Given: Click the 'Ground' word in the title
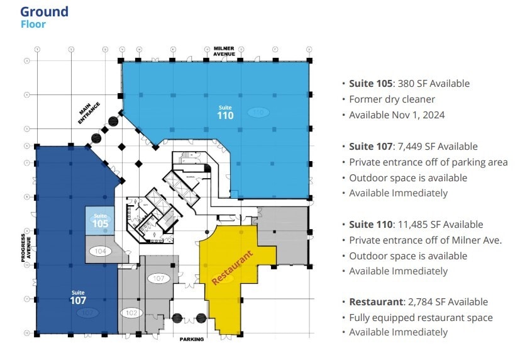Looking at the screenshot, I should [44, 11].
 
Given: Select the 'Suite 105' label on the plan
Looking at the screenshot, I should [100, 221].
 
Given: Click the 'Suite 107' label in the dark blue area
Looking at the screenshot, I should [78, 297].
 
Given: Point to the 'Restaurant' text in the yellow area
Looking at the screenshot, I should [232, 267].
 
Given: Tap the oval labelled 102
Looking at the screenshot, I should [131, 313].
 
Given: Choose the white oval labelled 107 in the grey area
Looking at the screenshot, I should [159, 278].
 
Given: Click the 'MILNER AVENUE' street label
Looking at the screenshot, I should [224, 51].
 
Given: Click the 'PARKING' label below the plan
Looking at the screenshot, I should [191, 339].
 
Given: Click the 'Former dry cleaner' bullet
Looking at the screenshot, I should [392, 99].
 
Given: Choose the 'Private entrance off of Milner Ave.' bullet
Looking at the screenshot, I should [425, 240].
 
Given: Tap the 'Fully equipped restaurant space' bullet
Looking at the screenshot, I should [421, 318].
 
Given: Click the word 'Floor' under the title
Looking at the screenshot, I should [33, 25].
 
